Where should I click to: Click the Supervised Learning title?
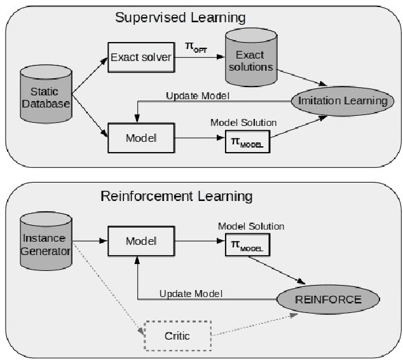(180, 17)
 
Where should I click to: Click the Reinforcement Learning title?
(177, 195)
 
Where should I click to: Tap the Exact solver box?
(141, 58)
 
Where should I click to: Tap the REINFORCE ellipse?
(327, 298)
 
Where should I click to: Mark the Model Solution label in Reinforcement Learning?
(250, 226)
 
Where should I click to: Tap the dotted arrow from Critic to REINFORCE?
(254, 324)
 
